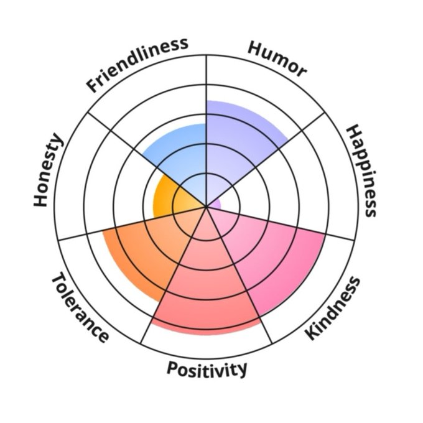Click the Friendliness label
pyautogui.click(x=137, y=65)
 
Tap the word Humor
pyautogui.click(x=277, y=59)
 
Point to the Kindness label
pyautogui.click(x=333, y=309)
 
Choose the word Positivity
pyautogui.click(x=207, y=368)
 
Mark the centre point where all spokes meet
pyautogui.click(x=206, y=205)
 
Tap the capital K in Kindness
pyautogui.click(x=312, y=333)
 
